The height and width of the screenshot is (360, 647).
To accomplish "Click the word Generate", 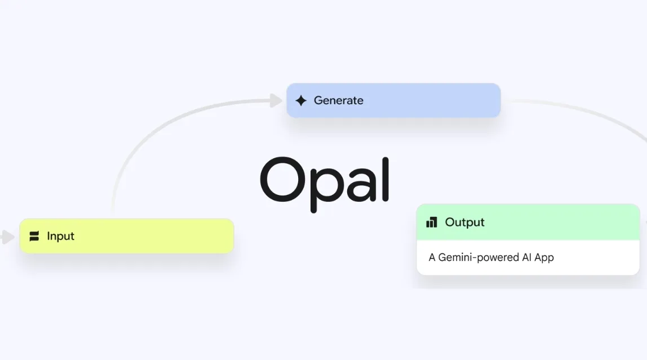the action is [338, 101].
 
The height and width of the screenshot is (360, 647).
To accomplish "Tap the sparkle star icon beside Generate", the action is [301, 101].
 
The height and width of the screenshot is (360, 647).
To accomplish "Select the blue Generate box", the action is [393, 101].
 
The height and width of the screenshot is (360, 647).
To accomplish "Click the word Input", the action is [61, 236].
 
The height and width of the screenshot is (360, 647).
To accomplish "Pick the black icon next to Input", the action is [34, 236].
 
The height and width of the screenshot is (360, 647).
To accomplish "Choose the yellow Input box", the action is [127, 236].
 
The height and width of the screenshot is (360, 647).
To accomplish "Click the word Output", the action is [464, 223].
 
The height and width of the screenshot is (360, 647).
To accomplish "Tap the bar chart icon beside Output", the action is [432, 223].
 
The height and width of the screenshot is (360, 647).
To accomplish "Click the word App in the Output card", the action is [544, 257].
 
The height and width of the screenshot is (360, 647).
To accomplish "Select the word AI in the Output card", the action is [526, 257].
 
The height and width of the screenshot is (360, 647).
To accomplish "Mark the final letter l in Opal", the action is [385, 179].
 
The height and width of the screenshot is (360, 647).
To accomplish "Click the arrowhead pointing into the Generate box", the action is [276, 100].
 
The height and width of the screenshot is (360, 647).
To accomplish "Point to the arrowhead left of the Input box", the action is [7, 237].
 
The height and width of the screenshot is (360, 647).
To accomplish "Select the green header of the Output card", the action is [528, 223].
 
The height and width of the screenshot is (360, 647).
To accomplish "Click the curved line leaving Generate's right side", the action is [586, 111].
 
